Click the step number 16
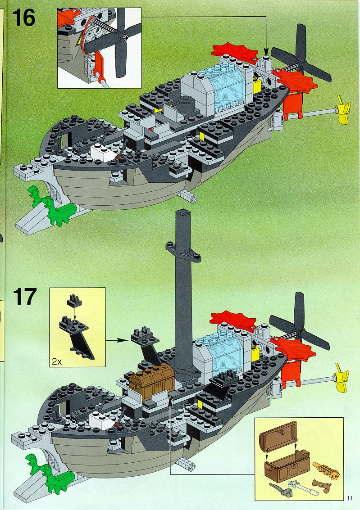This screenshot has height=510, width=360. (x=24, y=18)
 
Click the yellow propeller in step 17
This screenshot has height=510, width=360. (x=342, y=378)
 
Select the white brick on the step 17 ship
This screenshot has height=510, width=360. (x=100, y=420)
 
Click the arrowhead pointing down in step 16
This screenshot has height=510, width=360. (x=266, y=52)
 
